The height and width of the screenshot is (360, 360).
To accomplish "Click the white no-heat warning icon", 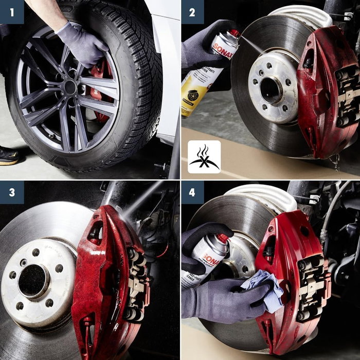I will (x=204, y=156).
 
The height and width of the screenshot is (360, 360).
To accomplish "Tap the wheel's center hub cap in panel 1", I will (x=70, y=88).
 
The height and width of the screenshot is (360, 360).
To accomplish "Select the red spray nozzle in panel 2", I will (x=235, y=34).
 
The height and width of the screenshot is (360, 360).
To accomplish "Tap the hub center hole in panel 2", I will (x=271, y=89).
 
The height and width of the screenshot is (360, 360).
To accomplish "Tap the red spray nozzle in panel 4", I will (x=223, y=238).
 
